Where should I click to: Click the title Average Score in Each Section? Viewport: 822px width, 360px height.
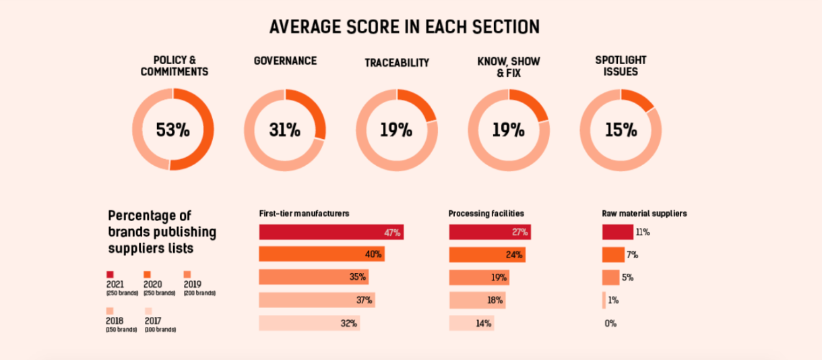pyautogui.click(x=404, y=27)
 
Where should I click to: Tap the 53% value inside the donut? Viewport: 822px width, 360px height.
pyautogui.click(x=172, y=129)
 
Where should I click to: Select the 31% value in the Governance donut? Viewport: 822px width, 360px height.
pyautogui.click(x=284, y=129)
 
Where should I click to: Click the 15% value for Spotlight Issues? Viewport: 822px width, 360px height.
pyautogui.click(x=621, y=129)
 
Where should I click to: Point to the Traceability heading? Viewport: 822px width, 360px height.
pyautogui.click(x=397, y=63)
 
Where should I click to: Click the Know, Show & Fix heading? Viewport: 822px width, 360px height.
pyautogui.click(x=509, y=67)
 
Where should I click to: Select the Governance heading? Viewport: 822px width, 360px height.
pyautogui.click(x=285, y=61)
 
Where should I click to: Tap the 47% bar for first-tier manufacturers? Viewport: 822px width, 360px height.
pyautogui.click(x=331, y=233)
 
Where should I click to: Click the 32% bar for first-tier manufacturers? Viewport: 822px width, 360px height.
pyautogui.click(x=309, y=324)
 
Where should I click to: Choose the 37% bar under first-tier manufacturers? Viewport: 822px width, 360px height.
pyautogui.click(x=317, y=301)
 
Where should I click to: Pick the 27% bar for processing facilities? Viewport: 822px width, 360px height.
pyautogui.click(x=490, y=233)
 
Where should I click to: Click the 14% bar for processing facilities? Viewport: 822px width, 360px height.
pyautogui.click(x=471, y=324)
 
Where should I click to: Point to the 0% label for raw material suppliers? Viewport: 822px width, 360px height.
pyautogui.click(x=610, y=324)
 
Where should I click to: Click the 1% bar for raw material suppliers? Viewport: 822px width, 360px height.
pyautogui.click(x=604, y=301)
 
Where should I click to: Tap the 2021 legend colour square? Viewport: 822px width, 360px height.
pyautogui.click(x=110, y=274)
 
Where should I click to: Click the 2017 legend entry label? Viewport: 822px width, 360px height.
pyautogui.click(x=153, y=321)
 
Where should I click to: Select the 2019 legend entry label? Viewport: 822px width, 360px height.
pyautogui.click(x=193, y=284)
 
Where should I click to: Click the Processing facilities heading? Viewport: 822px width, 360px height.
pyautogui.click(x=486, y=214)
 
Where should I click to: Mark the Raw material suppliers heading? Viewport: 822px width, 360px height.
pyautogui.click(x=643, y=214)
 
